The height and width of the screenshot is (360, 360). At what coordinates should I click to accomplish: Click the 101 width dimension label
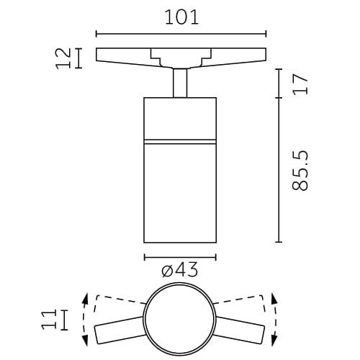click(x=181, y=17)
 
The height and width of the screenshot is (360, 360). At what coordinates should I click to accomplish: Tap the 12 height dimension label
click(x=63, y=58)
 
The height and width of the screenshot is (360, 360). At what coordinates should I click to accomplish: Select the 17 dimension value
click(x=300, y=84)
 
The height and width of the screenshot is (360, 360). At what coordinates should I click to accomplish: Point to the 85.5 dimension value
click(x=301, y=171)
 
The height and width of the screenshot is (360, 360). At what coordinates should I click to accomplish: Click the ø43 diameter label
click(x=180, y=271)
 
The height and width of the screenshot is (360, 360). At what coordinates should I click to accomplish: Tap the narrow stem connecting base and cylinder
click(x=180, y=81)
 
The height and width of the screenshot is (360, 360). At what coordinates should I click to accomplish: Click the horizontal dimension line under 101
click(x=181, y=33)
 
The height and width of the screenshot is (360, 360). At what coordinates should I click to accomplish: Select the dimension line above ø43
click(x=180, y=257)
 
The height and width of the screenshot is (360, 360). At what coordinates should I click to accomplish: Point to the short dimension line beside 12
click(x=78, y=58)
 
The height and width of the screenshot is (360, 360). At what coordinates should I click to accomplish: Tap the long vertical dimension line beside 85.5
click(x=279, y=170)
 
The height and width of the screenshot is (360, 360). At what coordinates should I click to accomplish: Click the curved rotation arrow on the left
click(x=85, y=320)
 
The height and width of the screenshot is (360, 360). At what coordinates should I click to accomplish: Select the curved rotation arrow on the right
click(x=275, y=320)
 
